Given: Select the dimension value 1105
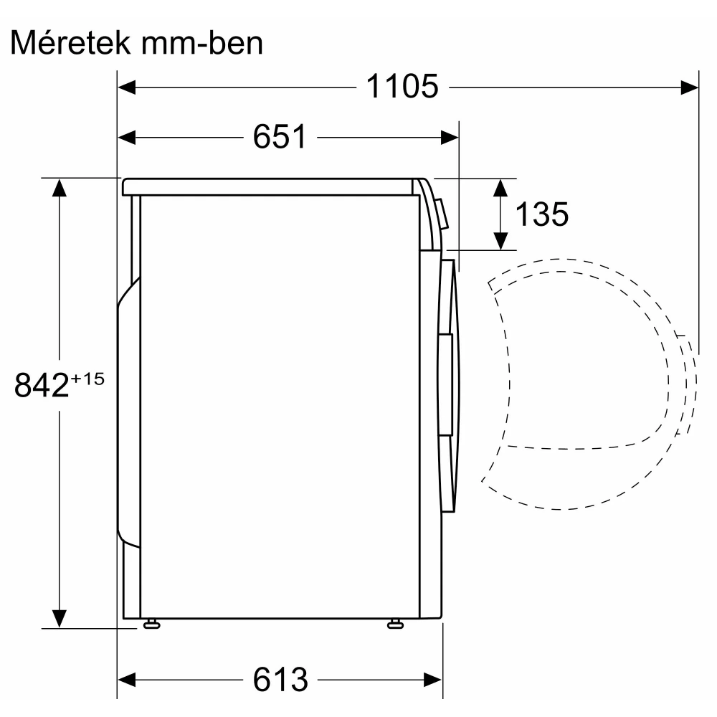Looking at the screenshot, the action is click(x=402, y=87).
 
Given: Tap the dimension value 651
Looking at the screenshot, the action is click(x=280, y=137).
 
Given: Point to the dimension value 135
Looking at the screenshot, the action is click(x=542, y=214).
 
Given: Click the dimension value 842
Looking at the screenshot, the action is click(x=42, y=385).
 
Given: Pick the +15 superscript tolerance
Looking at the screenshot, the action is click(x=87, y=379).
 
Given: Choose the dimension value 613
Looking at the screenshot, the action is click(x=280, y=680).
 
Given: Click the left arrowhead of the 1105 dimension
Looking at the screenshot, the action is click(x=127, y=87).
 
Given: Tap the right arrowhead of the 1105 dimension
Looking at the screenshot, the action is click(x=690, y=87).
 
